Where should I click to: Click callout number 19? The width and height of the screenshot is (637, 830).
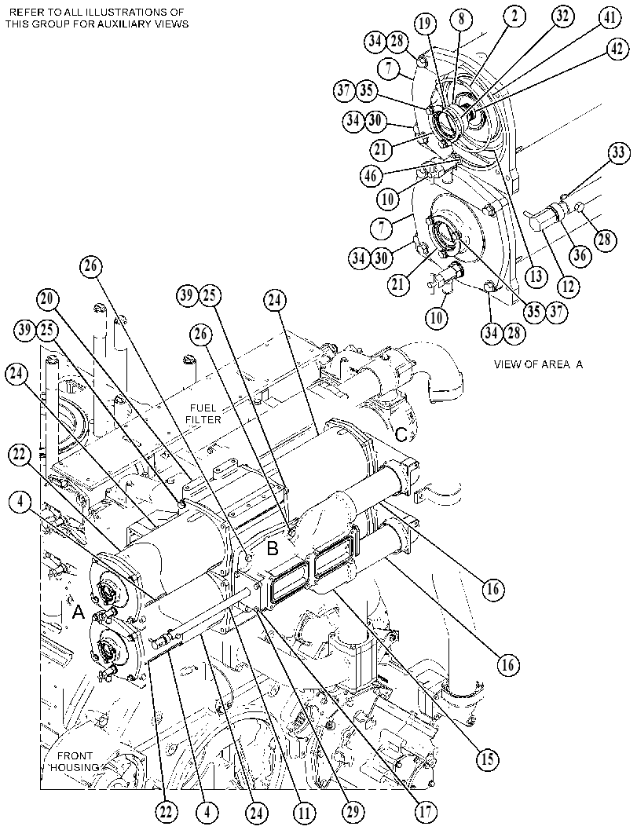click(426, 24)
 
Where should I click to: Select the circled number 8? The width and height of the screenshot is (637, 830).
click(461, 20)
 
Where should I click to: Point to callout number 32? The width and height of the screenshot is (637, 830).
click(562, 16)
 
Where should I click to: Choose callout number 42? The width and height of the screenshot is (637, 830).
click(615, 49)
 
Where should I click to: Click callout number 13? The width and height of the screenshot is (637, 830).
click(536, 276)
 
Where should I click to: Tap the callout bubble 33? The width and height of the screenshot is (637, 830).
click(617, 153)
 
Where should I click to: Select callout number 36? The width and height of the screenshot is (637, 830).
click(580, 256)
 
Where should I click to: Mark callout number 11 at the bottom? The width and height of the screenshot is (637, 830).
click(306, 813)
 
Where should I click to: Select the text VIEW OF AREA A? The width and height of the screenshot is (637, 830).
click(538, 364)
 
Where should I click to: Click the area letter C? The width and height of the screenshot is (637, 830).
click(402, 434)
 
